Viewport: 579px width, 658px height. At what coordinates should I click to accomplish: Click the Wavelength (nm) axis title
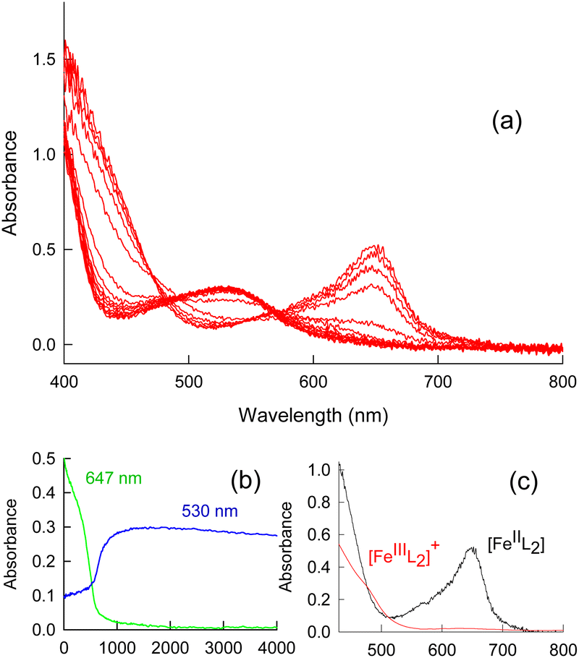(x=313, y=415)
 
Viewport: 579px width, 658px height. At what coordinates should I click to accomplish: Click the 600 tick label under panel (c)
(x=441, y=646)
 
